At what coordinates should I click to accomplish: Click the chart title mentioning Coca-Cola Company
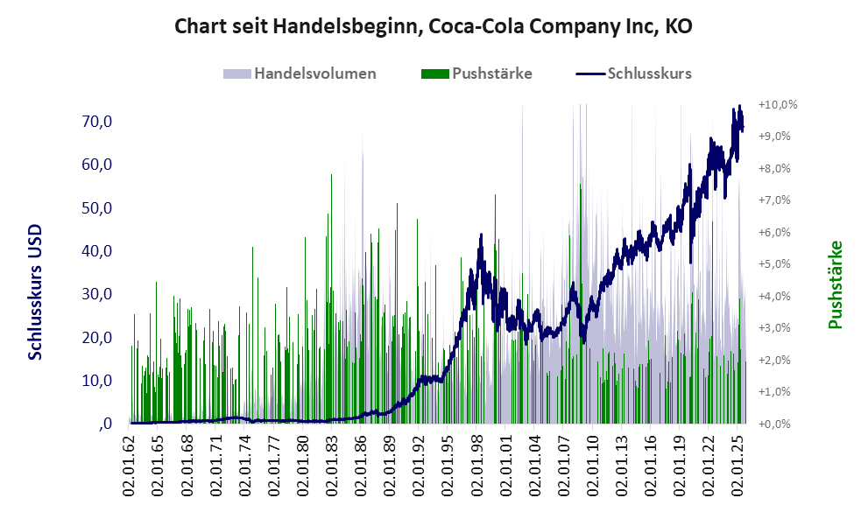(x=434, y=27)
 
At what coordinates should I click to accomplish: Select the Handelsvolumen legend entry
(x=314, y=74)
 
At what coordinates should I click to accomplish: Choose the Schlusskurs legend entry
(x=649, y=74)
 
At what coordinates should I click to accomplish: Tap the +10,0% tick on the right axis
(x=778, y=104)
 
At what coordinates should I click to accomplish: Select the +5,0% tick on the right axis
(x=778, y=263)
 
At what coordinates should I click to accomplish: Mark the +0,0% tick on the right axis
(x=778, y=424)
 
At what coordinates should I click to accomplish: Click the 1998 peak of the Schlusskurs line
(x=482, y=235)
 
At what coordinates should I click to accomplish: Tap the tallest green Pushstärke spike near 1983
(x=331, y=176)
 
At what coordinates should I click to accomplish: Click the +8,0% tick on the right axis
(x=778, y=168)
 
